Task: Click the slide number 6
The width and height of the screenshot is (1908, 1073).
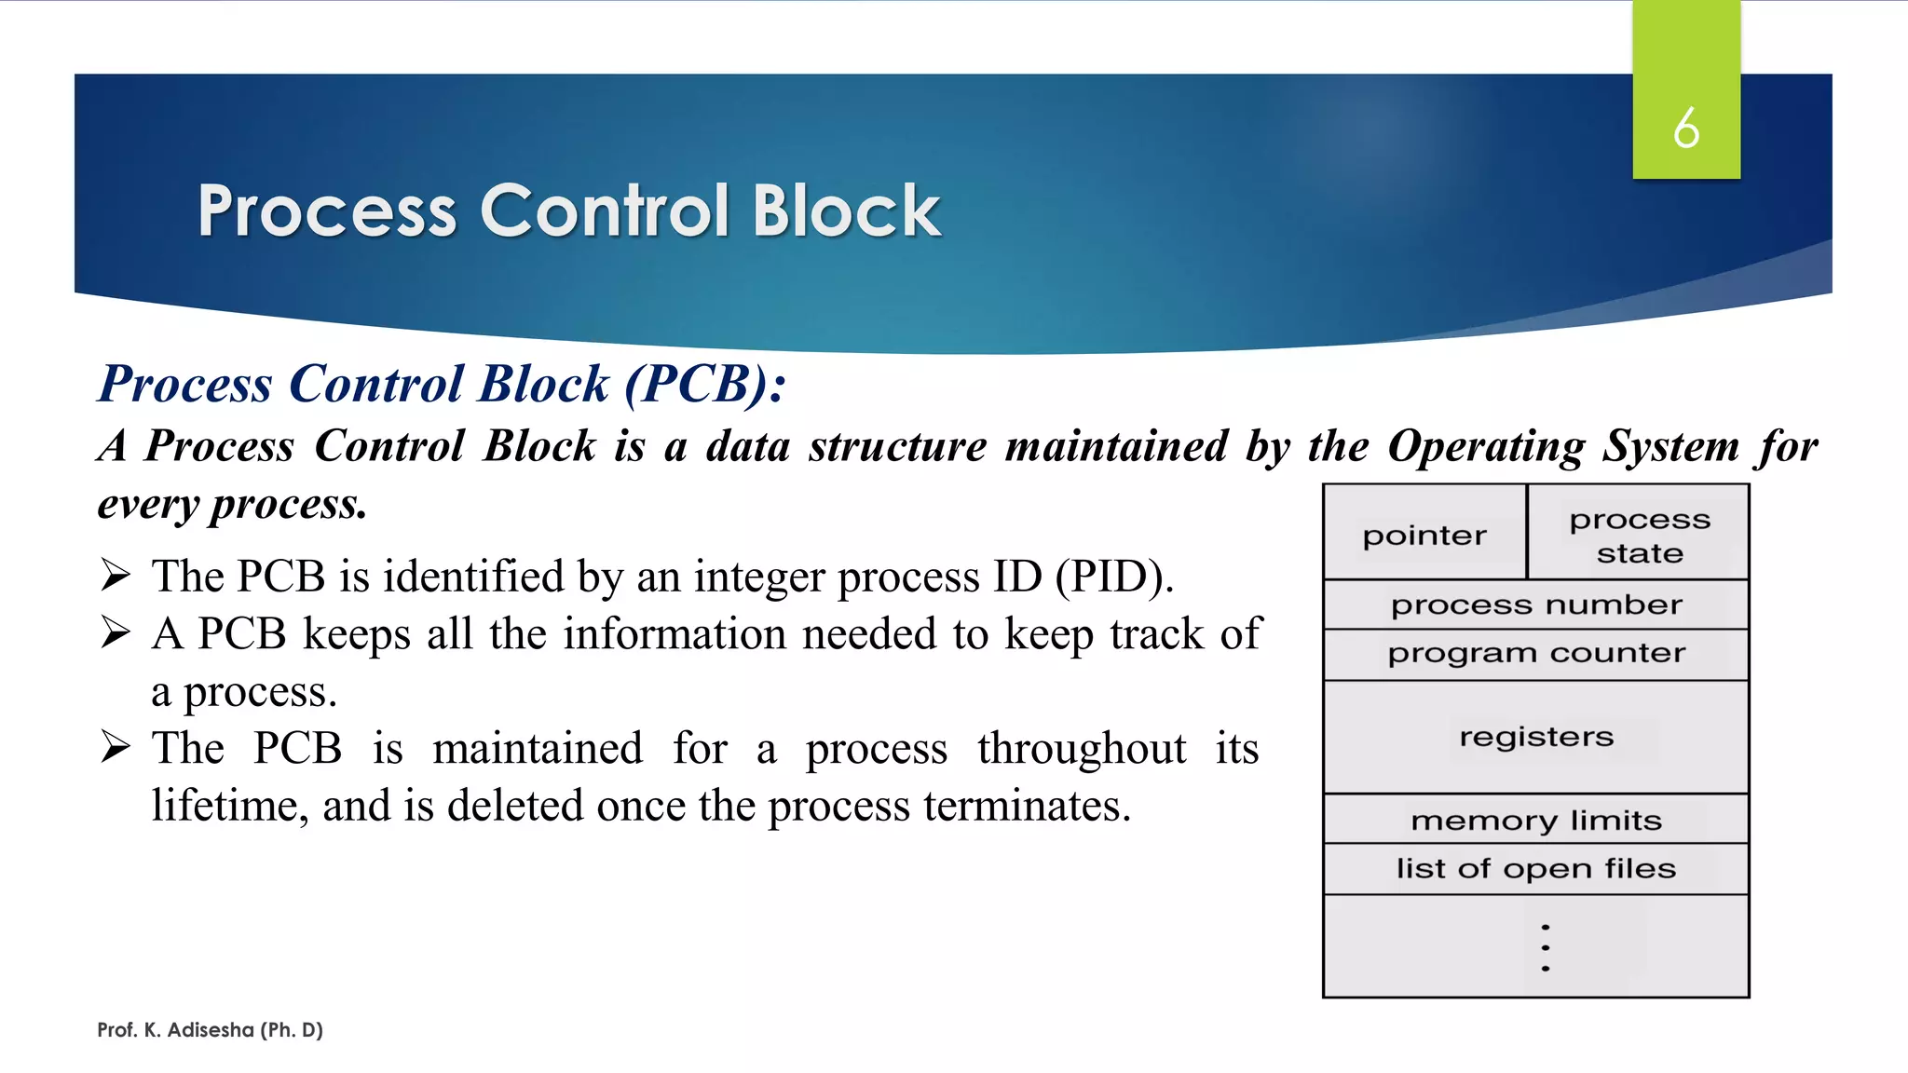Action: tap(1686, 128)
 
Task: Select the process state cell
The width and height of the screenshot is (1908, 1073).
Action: tap(1640, 536)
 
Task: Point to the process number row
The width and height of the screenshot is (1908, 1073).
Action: tap(1536, 605)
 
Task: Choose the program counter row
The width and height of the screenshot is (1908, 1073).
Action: tap(1536, 654)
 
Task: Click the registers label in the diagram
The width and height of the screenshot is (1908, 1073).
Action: tap(1536, 737)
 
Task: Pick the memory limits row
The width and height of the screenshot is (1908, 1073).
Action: tap(1536, 821)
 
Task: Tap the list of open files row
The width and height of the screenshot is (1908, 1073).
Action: tap(1536, 869)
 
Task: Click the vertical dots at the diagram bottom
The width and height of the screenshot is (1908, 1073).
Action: tap(1546, 948)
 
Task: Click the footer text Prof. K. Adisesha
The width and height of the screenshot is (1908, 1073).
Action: tap(210, 1030)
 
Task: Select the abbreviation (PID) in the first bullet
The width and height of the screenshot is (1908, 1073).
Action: tap(1114, 577)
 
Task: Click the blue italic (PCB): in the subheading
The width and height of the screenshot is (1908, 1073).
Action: tap(705, 384)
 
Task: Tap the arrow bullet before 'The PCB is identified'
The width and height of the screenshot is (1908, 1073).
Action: tap(116, 576)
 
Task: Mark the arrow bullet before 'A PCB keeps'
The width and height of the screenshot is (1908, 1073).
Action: tap(116, 633)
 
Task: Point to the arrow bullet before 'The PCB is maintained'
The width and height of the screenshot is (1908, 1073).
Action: tap(116, 748)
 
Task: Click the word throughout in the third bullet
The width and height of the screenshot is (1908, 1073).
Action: tap(1082, 749)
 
